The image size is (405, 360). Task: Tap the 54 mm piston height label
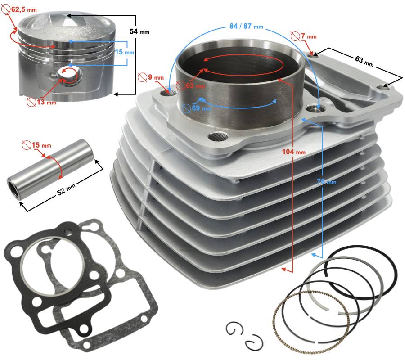click(139, 32)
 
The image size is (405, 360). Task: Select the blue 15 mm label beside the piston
click(125, 52)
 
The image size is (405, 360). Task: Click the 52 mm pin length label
click(66, 189)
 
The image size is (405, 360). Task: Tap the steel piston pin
click(52, 169)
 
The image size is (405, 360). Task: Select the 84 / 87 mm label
click(246, 26)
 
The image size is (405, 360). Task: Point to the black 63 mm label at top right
click(364, 62)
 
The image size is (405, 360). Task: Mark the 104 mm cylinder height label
click(294, 152)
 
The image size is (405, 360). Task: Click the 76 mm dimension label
click(327, 181)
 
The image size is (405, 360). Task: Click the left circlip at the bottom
click(235, 329)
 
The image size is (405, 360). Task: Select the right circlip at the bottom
click(254, 342)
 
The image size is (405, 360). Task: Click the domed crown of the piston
click(67, 22)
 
